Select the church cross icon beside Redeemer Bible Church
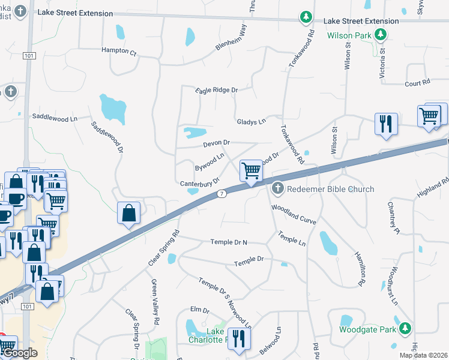tap(277, 189)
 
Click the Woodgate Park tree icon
tap(406, 328)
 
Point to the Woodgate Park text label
tap(367, 329)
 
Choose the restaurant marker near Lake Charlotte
tap(240, 339)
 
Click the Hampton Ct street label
tap(119, 50)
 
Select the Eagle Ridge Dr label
tap(216, 90)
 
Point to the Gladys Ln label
tap(250, 121)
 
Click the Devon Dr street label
tap(217, 143)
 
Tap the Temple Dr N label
tap(229, 242)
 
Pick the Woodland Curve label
tap(294, 214)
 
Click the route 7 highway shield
tap(222, 194)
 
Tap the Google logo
tap(20, 353)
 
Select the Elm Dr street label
tap(199, 310)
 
